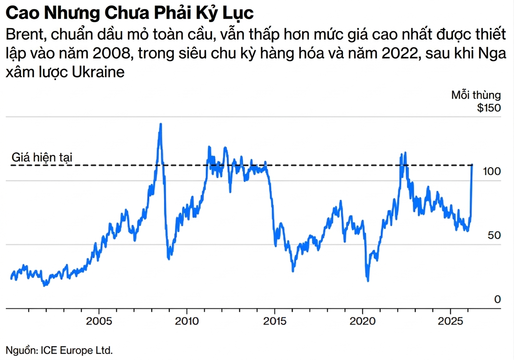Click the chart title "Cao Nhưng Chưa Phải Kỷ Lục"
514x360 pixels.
(x=130, y=13)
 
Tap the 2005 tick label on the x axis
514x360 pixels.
(x=99, y=322)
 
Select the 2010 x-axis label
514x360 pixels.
(x=187, y=322)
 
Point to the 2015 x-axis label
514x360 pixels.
(x=275, y=322)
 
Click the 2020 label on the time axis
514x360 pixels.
(x=362, y=322)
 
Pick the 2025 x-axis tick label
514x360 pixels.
(x=450, y=322)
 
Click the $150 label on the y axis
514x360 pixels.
(x=489, y=108)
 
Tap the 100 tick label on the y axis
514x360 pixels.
(x=492, y=172)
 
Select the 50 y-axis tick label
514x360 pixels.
(x=494, y=235)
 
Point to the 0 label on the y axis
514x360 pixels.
(x=497, y=299)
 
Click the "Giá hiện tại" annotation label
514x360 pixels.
(x=42, y=157)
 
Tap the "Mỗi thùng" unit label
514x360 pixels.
(x=476, y=95)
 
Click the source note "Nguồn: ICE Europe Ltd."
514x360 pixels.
(x=59, y=350)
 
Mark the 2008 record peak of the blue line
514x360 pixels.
(x=160, y=124)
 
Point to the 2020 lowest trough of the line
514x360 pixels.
(x=368, y=281)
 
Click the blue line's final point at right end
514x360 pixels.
(x=472, y=165)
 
